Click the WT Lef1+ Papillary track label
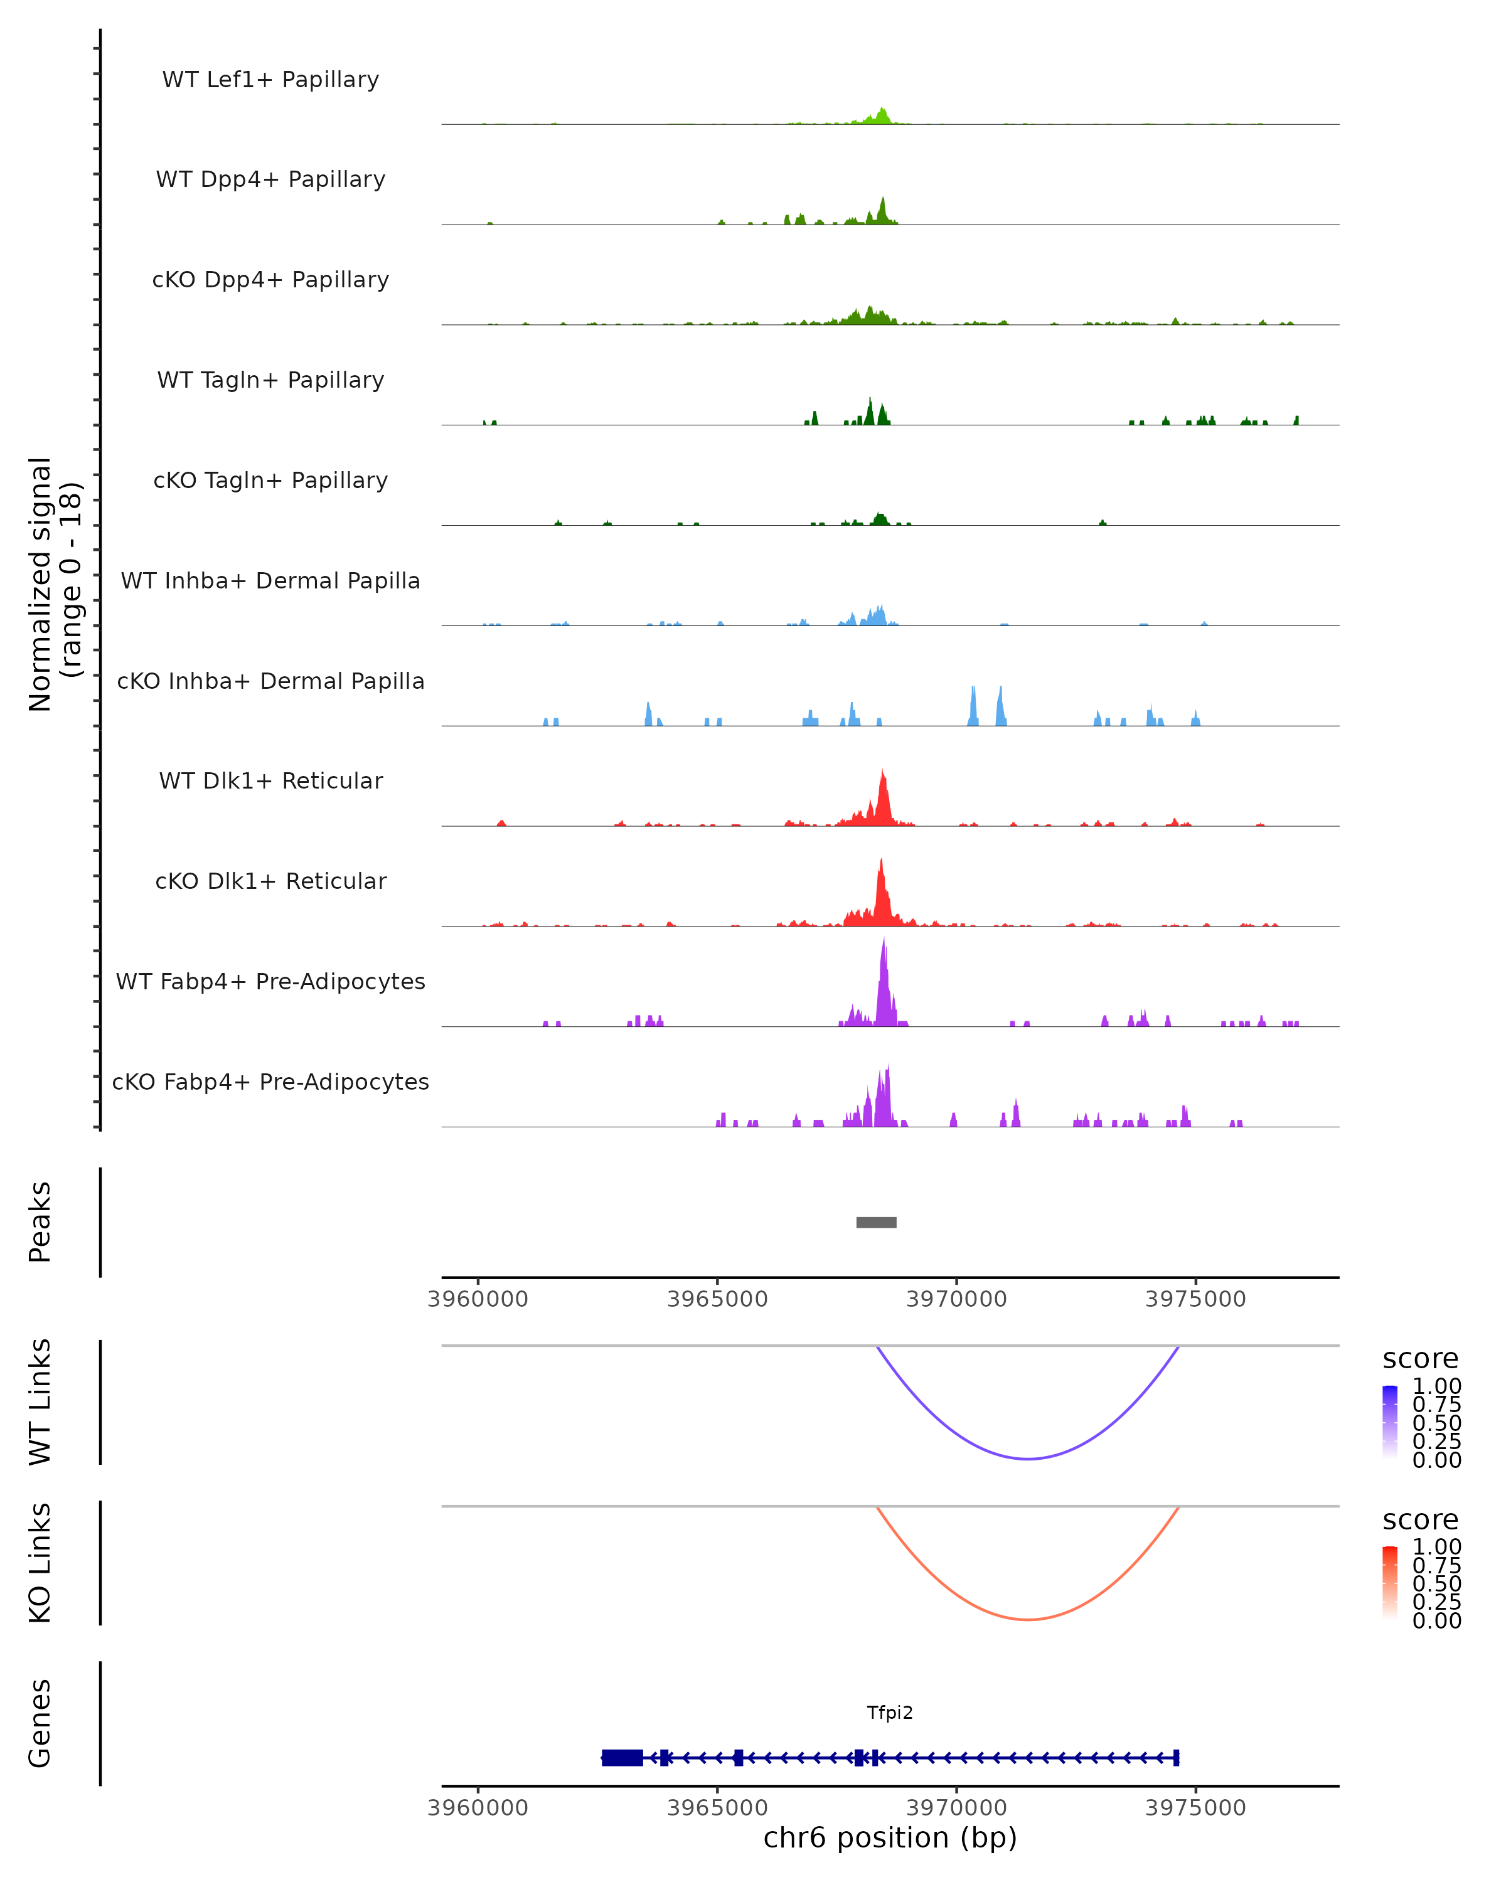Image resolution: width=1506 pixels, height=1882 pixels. click(270, 80)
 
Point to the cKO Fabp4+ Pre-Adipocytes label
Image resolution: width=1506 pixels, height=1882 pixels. click(270, 1082)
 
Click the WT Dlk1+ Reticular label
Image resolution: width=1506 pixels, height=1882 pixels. click(270, 780)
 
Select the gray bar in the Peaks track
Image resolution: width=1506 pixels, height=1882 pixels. click(875, 1222)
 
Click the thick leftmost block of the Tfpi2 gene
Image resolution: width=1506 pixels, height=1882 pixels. click(622, 1757)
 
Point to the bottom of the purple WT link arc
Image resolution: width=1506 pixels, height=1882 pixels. click(1028, 1459)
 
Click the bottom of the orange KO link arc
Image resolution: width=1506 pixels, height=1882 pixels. click(1028, 1619)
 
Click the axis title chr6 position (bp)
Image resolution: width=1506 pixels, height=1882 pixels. click(890, 1838)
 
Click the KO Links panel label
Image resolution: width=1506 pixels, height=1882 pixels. click(40, 1563)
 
